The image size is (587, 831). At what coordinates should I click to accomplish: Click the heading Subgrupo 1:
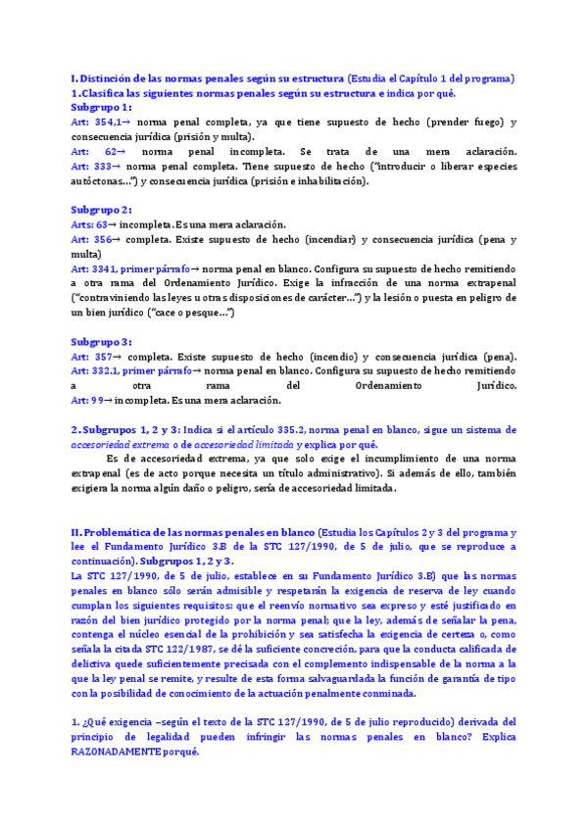click(101, 107)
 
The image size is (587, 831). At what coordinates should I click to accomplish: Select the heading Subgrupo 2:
click(101, 210)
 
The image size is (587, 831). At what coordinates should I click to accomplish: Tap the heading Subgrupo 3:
click(101, 341)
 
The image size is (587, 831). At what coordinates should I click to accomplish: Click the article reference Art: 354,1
click(94, 122)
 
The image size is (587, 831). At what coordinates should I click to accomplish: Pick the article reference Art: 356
click(89, 239)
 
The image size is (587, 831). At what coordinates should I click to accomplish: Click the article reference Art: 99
click(86, 400)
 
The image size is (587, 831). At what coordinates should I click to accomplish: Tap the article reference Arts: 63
click(90, 224)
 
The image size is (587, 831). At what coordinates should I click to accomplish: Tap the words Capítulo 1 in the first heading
click(420, 77)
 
